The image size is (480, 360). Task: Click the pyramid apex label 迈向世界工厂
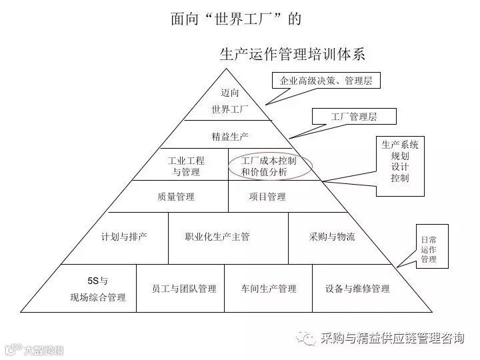point(229,101)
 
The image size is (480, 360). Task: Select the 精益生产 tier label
point(230,136)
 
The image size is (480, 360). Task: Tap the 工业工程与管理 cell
point(186,167)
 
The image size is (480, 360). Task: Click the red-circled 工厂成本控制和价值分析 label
point(269,167)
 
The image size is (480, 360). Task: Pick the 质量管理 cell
point(176,197)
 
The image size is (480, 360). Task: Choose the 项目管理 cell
point(267,197)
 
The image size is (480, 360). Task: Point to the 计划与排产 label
point(124,237)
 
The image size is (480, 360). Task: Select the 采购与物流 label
point(332,237)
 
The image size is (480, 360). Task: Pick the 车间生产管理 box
point(269,289)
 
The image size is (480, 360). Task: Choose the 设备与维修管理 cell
point(357,289)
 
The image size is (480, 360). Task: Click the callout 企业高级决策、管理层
point(326,81)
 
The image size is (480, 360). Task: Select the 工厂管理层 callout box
point(354,117)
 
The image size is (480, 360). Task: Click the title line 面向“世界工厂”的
point(236,19)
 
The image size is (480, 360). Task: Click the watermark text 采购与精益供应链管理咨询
point(392,338)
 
